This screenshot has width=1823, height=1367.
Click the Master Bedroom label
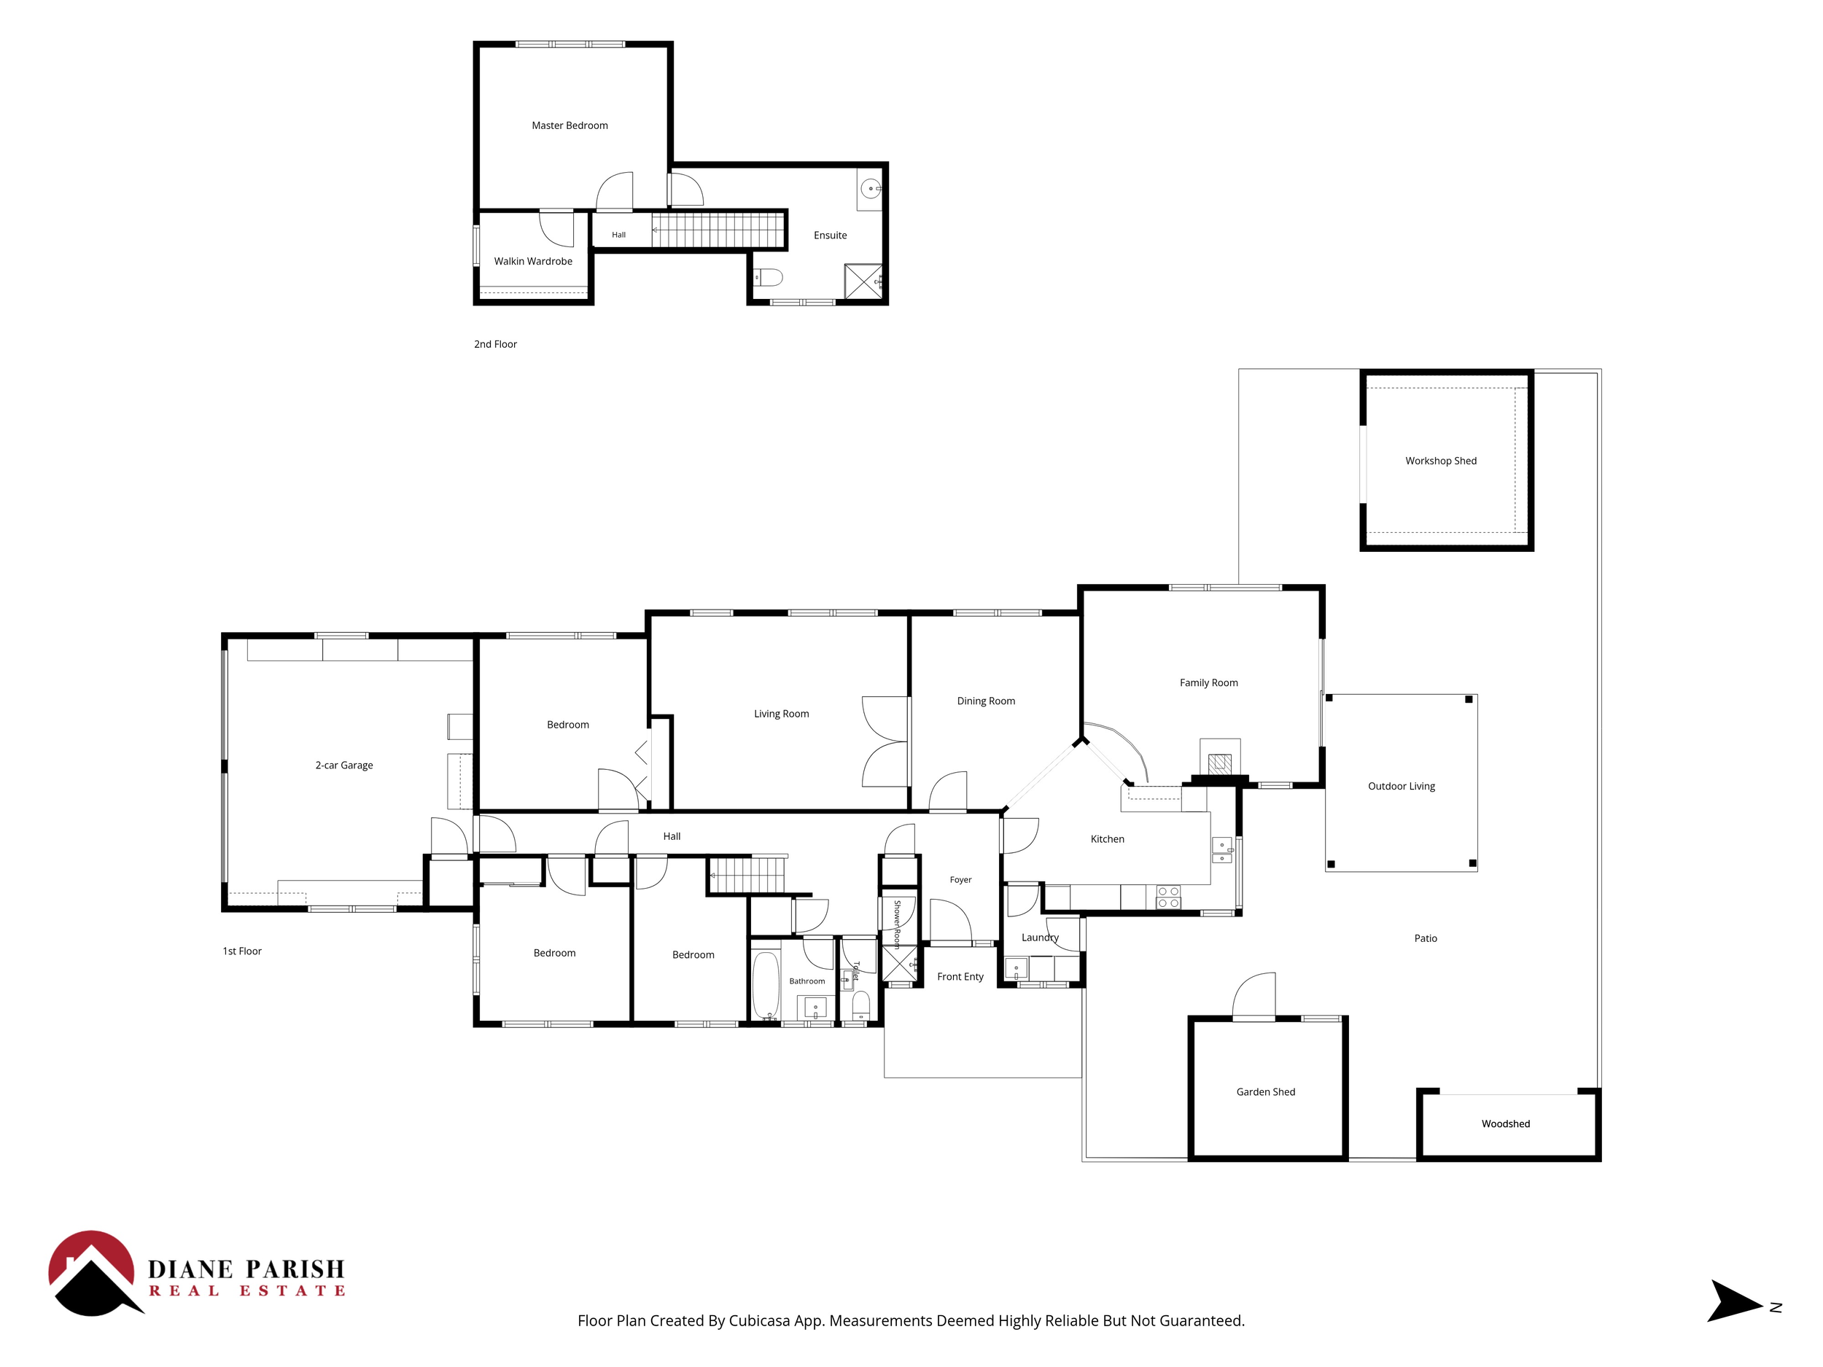tap(570, 125)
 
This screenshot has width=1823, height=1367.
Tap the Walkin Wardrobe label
tap(533, 261)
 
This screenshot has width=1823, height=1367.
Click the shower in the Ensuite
tap(863, 281)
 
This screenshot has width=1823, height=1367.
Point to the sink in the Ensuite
tap(870, 189)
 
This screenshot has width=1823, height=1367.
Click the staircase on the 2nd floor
tap(718, 229)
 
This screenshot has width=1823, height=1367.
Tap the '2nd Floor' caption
tap(495, 344)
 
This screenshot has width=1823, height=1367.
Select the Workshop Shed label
tap(1441, 461)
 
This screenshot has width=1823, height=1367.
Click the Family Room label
tap(1208, 682)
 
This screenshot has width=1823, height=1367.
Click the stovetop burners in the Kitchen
tap(1167, 897)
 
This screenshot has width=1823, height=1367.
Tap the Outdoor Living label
tap(1401, 786)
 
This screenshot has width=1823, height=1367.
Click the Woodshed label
tap(1506, 1124)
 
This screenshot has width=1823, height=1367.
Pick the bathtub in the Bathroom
tap(766, 986)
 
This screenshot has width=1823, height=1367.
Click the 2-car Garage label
tap(343, 766)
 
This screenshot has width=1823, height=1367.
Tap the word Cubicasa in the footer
tap(760, 1321)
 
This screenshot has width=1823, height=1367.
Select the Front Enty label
tap(960, 976)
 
